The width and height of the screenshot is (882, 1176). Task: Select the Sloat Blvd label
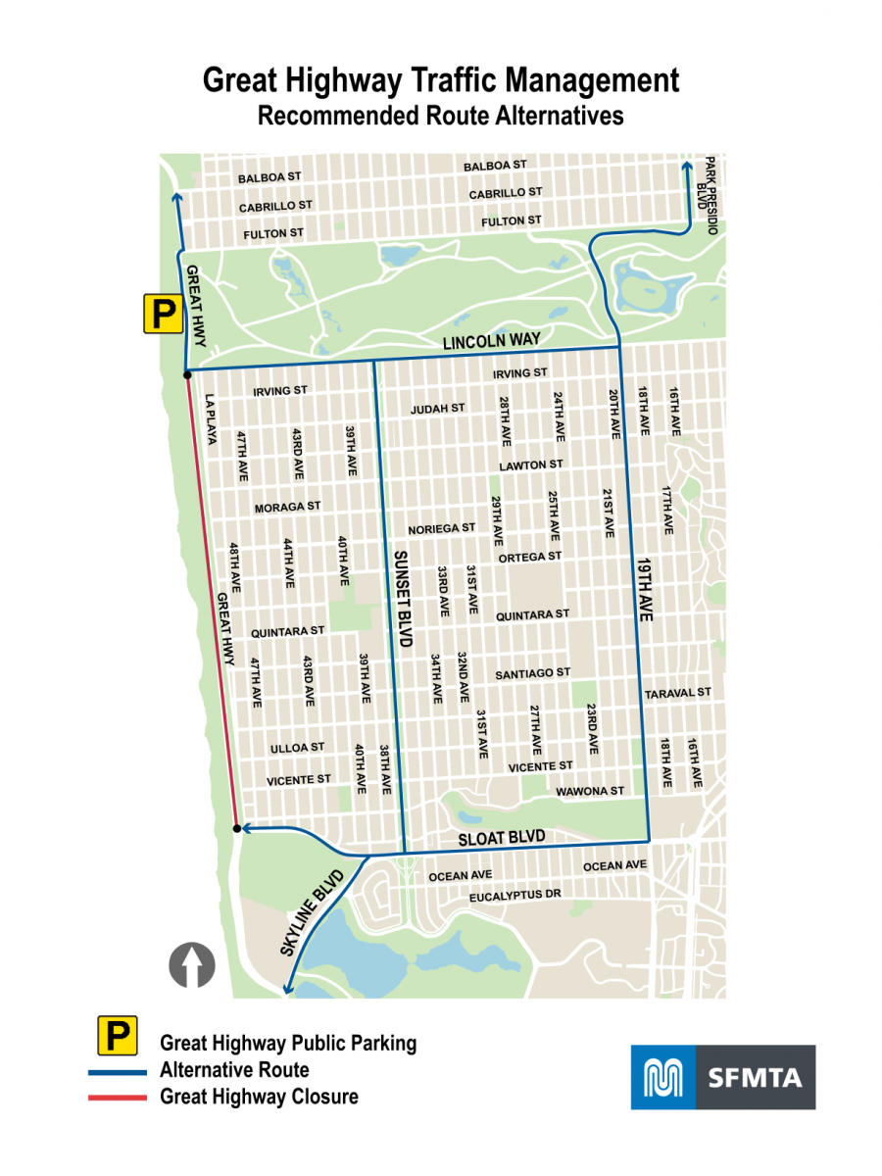(x=501, y=839)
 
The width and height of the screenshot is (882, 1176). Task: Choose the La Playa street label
(x=210, y=420)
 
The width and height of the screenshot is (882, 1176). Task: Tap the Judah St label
(x=438, y=408)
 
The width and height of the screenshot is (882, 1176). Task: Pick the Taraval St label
(x=677, y=693)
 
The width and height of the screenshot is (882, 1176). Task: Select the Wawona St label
(x=589, y=791)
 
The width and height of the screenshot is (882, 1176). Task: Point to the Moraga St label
(x=287, y=508)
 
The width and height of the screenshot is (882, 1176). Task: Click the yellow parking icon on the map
(x=164, y=314)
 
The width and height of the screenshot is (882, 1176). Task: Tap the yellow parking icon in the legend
(x=116, y=1036)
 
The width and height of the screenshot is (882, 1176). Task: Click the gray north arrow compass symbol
(x=192, y=964)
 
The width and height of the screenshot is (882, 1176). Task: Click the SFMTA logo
(x=722, y=1077)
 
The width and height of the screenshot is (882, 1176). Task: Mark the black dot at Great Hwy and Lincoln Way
(x=186, y=374)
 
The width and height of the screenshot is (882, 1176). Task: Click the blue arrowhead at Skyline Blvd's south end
(x=287, y=990)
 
